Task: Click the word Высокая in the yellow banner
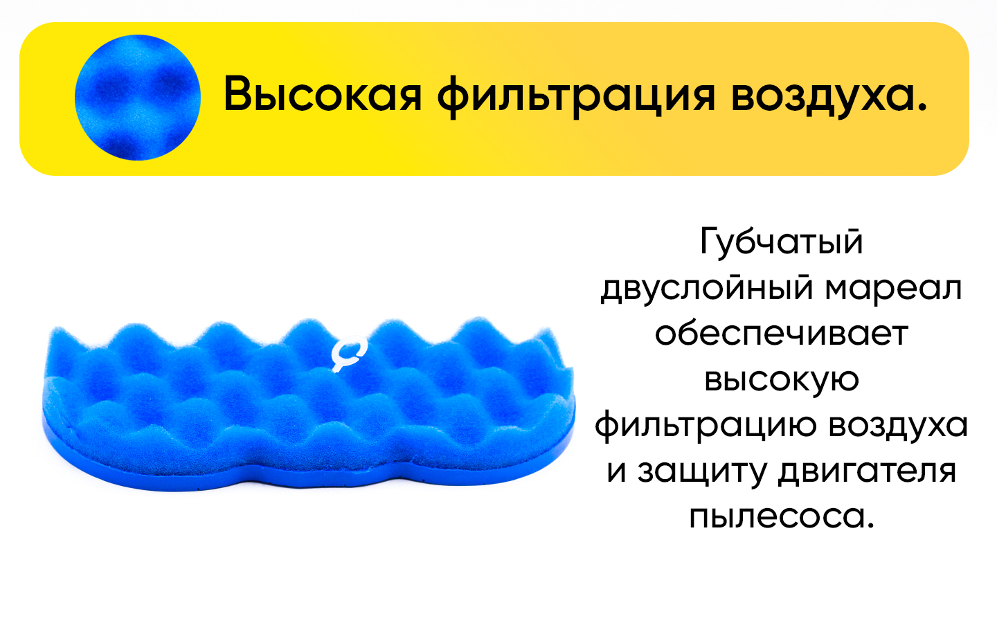tap(322, 94)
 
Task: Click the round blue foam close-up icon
tap(138, 98)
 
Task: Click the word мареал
tap(893, 289)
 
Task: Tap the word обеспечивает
tap(782, 334)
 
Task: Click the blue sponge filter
tap(309, 404)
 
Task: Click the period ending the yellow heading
tap(922, 107)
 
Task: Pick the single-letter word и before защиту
tap(617, 471)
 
